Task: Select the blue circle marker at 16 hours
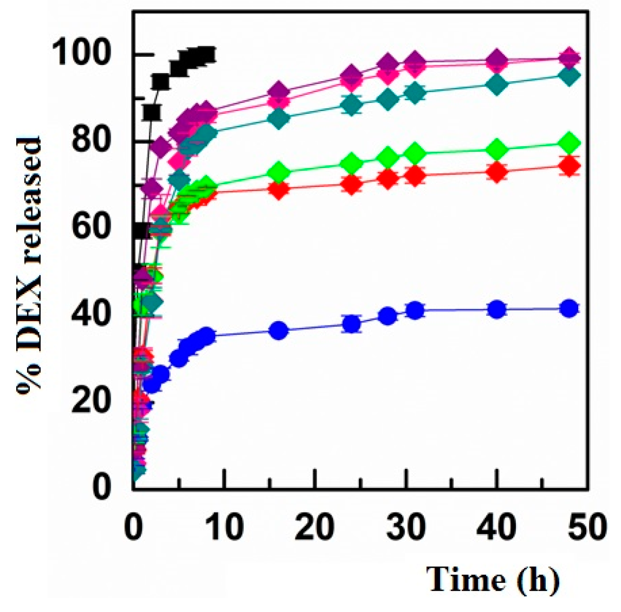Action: click(x=279, y=331)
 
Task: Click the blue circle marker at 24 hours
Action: click(x=352, y=324)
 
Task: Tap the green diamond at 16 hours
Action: click(x=279, y=173)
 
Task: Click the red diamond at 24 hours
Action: click(x=352, y=184)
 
